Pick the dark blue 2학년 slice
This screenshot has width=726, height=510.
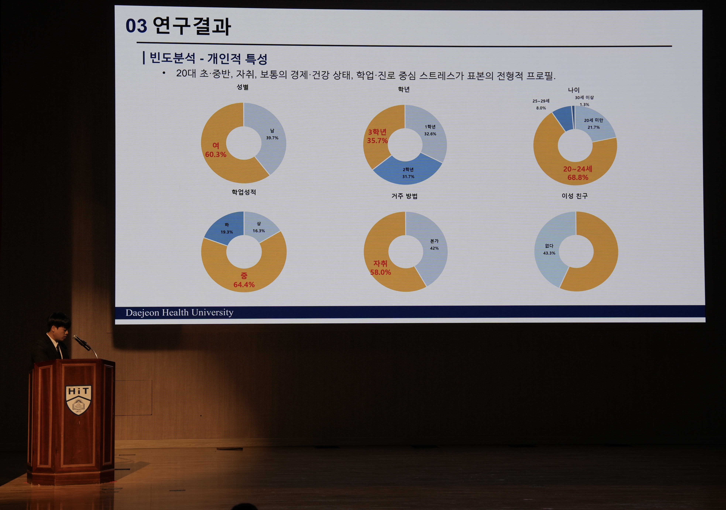(408, 171)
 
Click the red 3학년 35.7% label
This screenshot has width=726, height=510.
(377, 136)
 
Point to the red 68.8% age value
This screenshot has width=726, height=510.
(578, 177)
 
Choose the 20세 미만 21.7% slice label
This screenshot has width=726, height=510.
(593, 124)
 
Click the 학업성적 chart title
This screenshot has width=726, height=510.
(244, 192)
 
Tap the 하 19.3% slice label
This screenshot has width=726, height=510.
(227, 228)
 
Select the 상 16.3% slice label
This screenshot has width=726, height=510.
(259, 227)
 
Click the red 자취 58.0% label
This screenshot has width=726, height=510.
(380, 268)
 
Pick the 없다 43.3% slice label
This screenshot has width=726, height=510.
(549, 250)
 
